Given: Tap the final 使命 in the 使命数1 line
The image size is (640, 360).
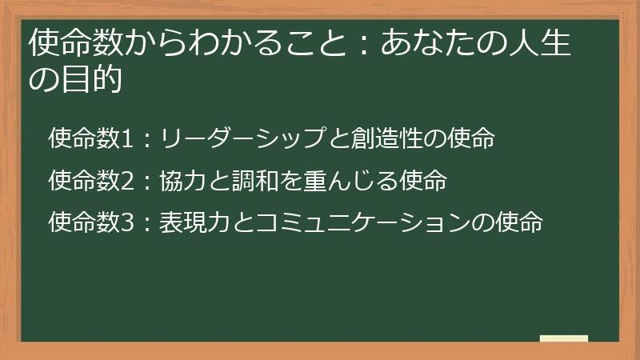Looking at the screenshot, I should click(472, 138).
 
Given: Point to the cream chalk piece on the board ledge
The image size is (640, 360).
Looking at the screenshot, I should click(564, 338).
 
